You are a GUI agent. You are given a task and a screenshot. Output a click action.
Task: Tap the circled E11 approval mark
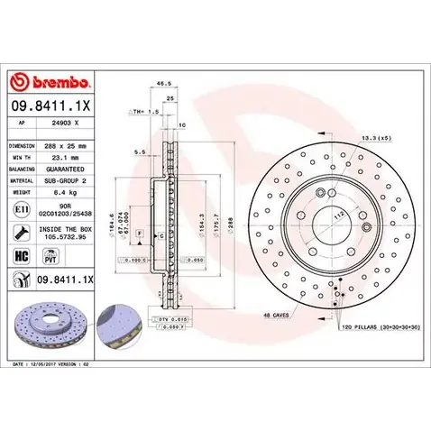point(21,210)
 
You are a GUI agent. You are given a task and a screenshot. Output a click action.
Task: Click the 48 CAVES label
point(276,315)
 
